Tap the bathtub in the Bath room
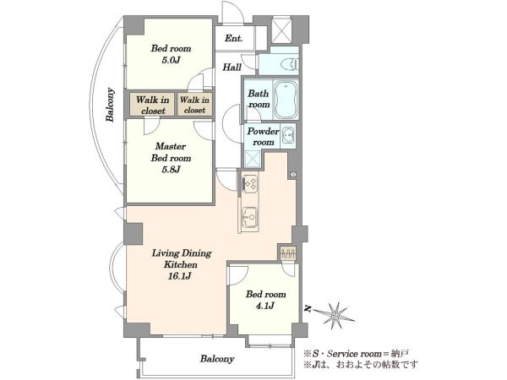(286, 100)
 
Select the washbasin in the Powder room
(287, 135)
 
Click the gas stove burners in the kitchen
(250, 183)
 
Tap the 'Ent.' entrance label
(234, 39)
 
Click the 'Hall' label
(232, 68)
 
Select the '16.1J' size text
(180, 276)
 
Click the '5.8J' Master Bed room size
(171, 169)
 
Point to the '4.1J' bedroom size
(265, 306)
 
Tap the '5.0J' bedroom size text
(171, 60)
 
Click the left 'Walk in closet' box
(153, 105)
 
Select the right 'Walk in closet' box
(194, 105)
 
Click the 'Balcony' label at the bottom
(217, 359)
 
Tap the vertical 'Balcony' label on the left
(110, 105)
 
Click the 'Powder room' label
(263, 137)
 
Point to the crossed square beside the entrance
(281, 30)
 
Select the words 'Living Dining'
(182, 253)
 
